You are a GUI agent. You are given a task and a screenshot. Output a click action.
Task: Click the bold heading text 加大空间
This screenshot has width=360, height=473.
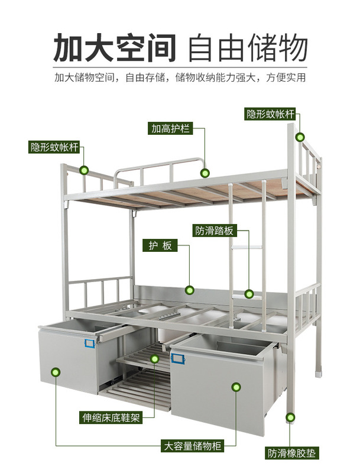115,47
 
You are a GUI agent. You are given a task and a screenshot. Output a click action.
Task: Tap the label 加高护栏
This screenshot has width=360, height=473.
170,128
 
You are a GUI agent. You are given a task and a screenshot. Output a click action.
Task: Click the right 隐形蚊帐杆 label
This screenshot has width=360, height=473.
270,114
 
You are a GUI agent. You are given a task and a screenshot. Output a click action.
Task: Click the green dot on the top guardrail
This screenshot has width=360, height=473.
205,173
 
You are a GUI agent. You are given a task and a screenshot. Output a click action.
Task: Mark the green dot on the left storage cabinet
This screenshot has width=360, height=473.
56,372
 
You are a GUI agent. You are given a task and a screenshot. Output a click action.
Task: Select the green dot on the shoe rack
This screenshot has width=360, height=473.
155,358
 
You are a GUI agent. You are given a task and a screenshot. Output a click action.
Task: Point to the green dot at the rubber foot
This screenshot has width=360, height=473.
291,418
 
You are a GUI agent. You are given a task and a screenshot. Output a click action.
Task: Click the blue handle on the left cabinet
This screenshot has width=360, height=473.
90,342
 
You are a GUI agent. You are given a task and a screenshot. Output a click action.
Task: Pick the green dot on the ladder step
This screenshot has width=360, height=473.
249,293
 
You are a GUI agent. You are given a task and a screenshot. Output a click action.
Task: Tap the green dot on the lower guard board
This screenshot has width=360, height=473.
190,290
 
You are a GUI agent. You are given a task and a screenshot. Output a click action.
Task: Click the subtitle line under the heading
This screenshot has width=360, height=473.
180,77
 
